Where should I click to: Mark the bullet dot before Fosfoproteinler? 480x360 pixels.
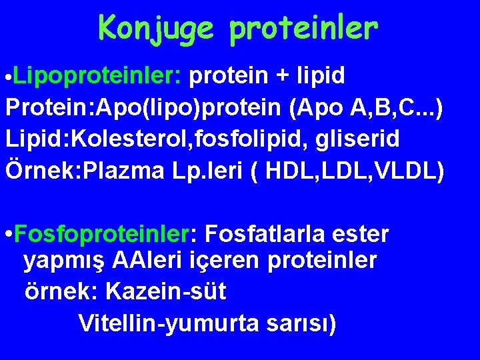tap(7, 235)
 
